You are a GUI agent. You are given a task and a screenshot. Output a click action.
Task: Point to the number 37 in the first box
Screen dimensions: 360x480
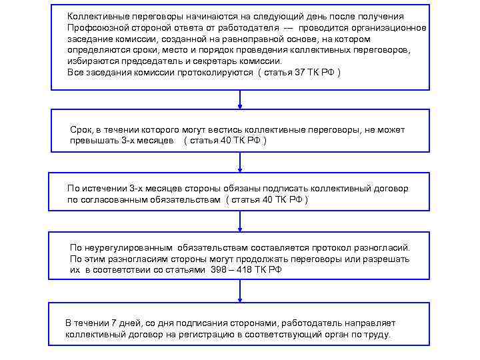(299, 72)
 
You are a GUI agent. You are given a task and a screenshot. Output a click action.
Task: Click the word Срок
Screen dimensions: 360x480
(80, 129)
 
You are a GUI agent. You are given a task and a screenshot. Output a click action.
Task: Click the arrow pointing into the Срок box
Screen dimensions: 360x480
(240, 99)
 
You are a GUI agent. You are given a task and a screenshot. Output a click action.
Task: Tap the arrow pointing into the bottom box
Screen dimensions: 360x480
(240, 291)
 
